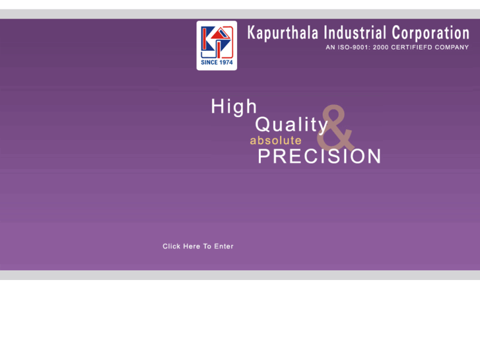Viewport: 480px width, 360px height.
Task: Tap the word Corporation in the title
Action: click(x=430, y=33)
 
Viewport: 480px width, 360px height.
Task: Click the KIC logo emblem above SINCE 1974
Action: click(x=217, y=40)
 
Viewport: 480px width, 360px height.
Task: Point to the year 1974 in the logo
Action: click(x=226, y=63)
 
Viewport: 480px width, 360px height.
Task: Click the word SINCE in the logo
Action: click(x=209, y=63)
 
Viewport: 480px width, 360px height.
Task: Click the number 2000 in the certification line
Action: click(x=381, y=48)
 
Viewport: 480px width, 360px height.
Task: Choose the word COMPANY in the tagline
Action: click(x=452, y=48)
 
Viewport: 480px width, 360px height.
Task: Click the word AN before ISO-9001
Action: click(x=330, y=48)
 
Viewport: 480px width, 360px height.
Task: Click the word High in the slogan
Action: click(x=234, y=107)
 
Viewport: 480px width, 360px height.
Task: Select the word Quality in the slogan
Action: click(x=291, y=125)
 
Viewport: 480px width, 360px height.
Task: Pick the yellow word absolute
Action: click(x=275, y=141)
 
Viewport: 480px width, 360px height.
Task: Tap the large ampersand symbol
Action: click(x=336, y=129)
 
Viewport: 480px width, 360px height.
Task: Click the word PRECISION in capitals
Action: click(x=320, y=157)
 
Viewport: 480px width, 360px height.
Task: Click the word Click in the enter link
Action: click(x=172, y=246)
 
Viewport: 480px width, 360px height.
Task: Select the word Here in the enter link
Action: click(x=192, y=246)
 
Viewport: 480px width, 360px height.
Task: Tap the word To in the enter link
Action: click(x=207, y=246)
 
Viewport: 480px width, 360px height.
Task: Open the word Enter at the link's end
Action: click(x=224, y=246)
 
